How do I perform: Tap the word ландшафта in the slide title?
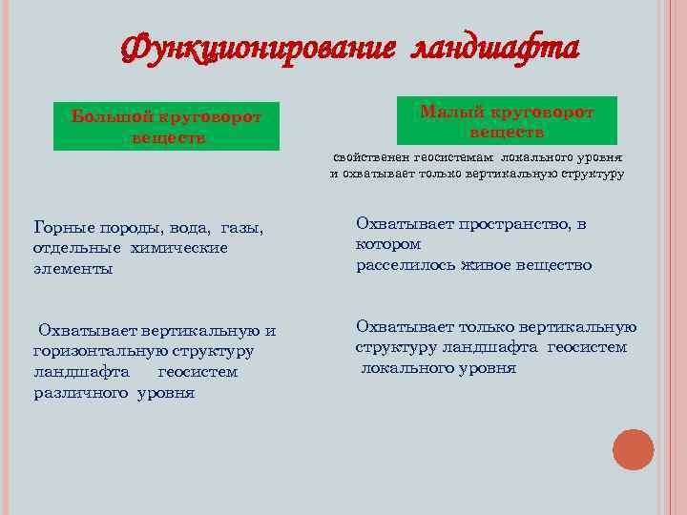(x=493, y=47)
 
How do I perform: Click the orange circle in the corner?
(x=633, y=449)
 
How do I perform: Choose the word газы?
(x=241, y=228)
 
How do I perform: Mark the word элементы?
(x=73, y=269)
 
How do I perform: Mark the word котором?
(x=388, y=244)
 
